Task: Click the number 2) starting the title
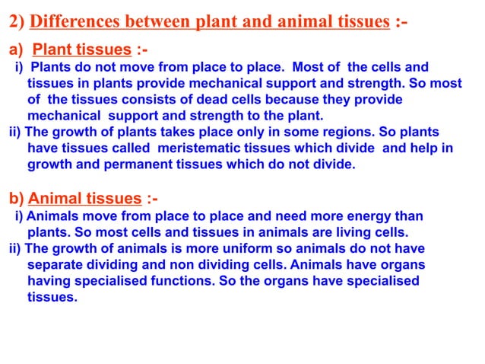[17, 21]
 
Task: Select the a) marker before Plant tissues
[17, 50]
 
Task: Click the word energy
[352, 216]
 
